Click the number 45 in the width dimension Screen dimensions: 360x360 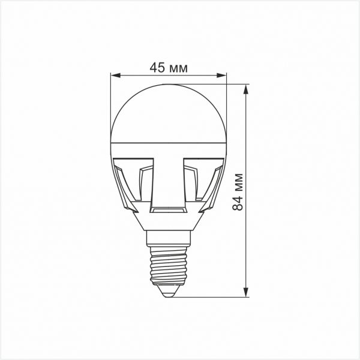point(157,68)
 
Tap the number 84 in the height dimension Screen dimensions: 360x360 point(239,203)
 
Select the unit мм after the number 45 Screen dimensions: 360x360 point(178,68)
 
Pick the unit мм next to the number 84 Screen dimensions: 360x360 point(239,182)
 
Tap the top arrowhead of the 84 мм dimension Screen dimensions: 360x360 point(247,89)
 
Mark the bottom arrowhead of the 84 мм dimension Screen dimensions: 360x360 point(247,292)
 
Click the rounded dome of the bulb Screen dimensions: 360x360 point(169,114)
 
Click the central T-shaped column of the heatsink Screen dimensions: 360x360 point(169,180)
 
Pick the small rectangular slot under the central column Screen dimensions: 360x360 point(169,210)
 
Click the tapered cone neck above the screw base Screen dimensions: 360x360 point(169,223)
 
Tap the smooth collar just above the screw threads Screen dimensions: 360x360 point(169,238)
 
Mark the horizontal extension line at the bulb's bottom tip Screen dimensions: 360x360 point(210,296)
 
